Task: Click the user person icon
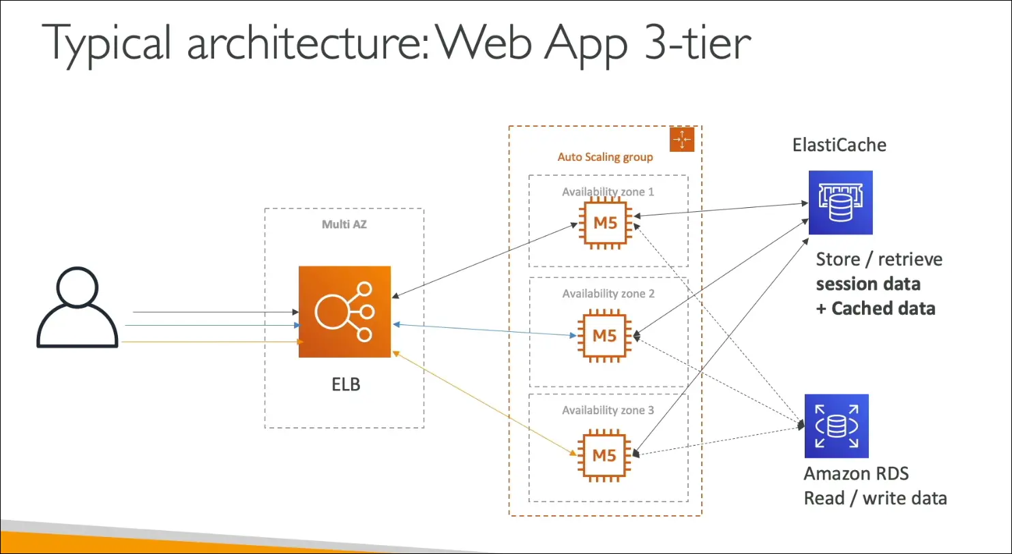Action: point(77,307)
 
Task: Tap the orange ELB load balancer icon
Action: point(344,311)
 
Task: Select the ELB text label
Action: point(346,384)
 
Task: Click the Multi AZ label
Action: point(344,224)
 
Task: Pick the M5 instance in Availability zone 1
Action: point(605,223)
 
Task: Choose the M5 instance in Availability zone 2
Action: point(604,335)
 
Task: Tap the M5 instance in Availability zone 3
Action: point(604,455)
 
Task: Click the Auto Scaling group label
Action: point(605,157)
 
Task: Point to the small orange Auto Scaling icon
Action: point(682,139)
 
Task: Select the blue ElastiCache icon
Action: point(840,202)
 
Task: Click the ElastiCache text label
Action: point(839,145)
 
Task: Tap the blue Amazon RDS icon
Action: point(836,426)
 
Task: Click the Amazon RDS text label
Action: point(856,474)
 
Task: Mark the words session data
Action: point(867,284)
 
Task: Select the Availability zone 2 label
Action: point(608,294)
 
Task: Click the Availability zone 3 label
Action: point(608,410)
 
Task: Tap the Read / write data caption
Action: point(875,498)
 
